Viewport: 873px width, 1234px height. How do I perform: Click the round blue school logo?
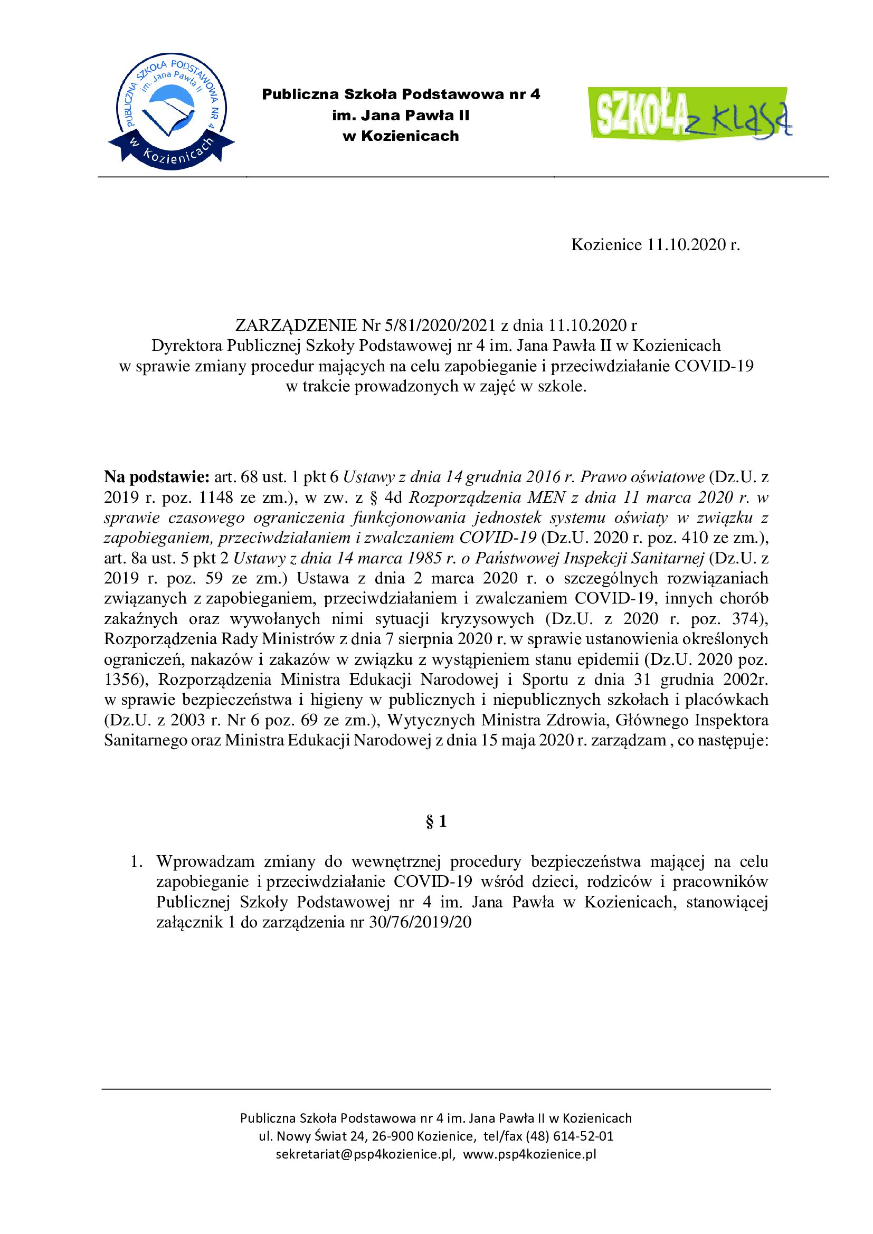click(171, 111)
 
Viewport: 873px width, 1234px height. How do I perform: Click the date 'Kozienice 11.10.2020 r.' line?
click(656, 245)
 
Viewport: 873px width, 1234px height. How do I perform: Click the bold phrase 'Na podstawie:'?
click(156, 477)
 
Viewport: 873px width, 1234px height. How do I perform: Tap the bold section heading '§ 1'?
click(436, 822)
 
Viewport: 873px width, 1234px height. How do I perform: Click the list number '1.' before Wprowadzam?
click(137, 862)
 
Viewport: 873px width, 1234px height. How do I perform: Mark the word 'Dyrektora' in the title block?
click(187, 346)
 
